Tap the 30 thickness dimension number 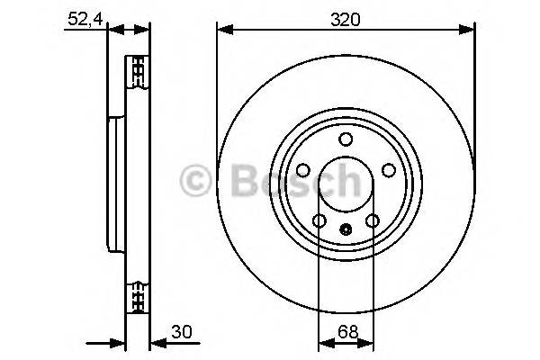(184, 332)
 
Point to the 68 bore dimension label (345, 332)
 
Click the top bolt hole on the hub (346, 139)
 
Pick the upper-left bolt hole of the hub (303, 170)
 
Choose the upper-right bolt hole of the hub (388, 170)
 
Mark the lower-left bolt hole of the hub (319, 220)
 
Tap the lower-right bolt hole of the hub (372, 220)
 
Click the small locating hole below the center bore (346, 229)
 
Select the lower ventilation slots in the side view (138, 295)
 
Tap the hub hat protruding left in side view (115, 184)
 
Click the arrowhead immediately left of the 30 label (156, 342)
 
